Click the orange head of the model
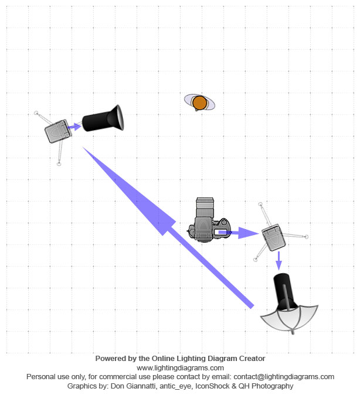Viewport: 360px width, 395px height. point(200,103)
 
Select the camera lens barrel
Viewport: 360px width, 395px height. point(205,207)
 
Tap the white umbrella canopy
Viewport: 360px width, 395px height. point(290,318)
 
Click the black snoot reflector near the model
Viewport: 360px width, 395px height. point(103,118)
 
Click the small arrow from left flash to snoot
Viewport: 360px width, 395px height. point(74,127)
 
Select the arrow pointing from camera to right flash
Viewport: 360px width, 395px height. point(239,233)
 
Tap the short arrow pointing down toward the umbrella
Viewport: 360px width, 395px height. point(279,261)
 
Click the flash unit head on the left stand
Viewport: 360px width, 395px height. point(58,131)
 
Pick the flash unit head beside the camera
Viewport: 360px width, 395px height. point(274,237)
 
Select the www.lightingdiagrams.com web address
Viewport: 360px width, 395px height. point(180,368)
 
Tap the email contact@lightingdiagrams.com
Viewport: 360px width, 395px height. point(284,377)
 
